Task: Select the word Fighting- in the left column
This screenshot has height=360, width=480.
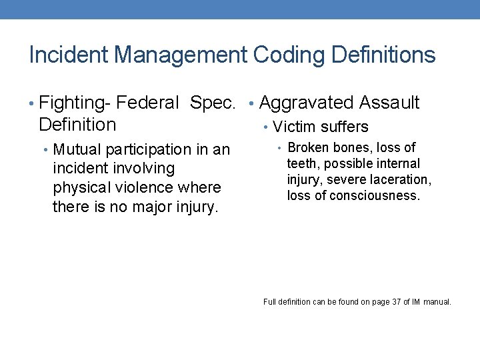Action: click(x=75, y=103)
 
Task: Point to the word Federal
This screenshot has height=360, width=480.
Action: click(x=147, y=103)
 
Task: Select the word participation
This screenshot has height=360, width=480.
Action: click(x=153, y=149)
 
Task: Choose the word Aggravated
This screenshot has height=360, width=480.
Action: click(x=306, y=103)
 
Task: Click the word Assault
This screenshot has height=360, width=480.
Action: click(x=389, y=103)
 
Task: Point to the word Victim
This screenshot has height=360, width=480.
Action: click(x=294, y=127)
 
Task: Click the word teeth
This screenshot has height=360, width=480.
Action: click(x=301, y=164)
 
